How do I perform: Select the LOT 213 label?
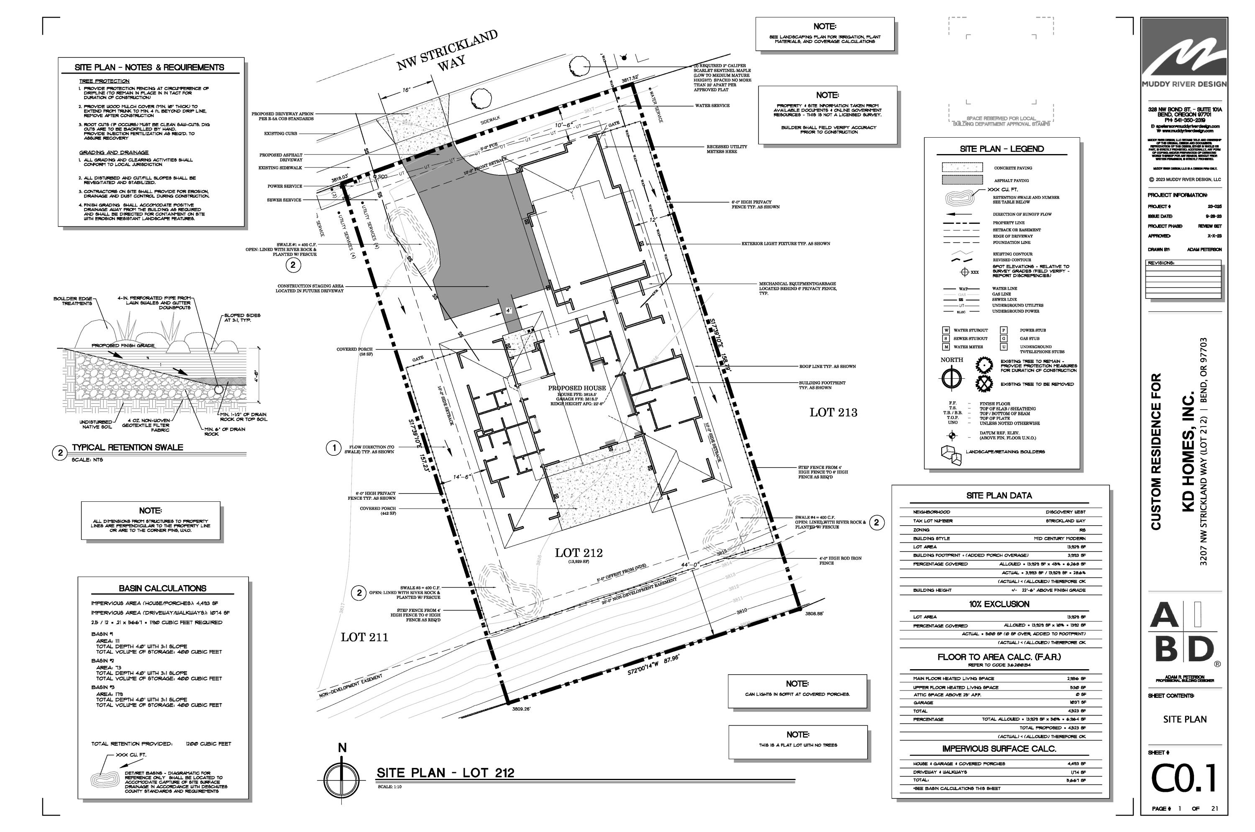[x=833, y=412]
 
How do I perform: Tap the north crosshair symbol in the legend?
[x=952, y=378]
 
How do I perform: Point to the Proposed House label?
[x=576, y=388]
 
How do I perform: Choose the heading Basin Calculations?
[x=162, y=588]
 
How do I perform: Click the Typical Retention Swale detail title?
[x=127, y=447]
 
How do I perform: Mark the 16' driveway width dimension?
[x=406, y=90]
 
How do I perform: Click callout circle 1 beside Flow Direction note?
[x=334, y=448]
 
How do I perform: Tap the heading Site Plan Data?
[x=999, y=496]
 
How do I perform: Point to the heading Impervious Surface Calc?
[x=999, y=749]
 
